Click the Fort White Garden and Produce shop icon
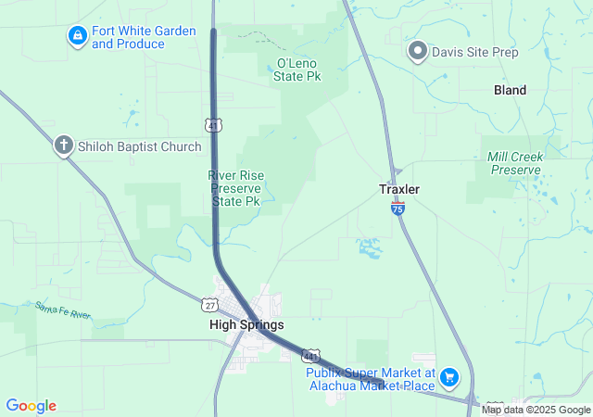(78, 37)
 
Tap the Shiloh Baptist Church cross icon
(63, 145)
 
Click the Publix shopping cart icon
(449, 376)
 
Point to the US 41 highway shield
(213, 122)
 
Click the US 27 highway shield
(210, 303)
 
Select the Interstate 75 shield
(397, 210)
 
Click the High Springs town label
(246, 325)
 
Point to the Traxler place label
(399, 189)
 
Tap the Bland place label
(510, 90)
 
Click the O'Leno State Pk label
(297, 69)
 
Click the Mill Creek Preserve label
(514, 163)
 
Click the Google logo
(31, 406)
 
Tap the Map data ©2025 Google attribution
(536, 410)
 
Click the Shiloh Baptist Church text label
(140, 146)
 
